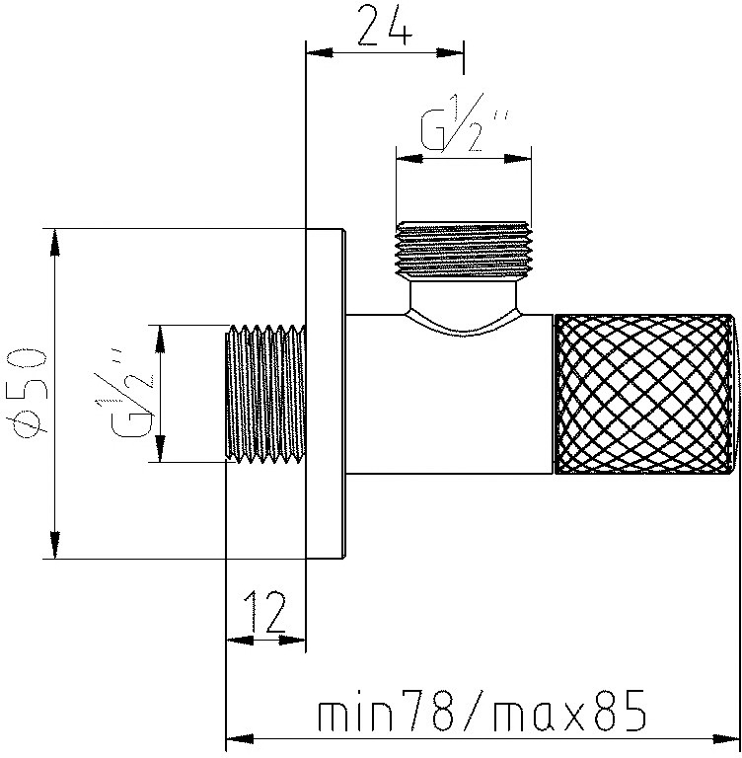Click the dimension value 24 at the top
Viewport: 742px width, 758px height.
tap(385, 24)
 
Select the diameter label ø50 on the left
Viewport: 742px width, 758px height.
tap(32, 394)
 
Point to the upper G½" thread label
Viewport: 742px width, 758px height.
tap(463, 123)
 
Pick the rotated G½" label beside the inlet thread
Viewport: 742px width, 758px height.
tap(131, 392)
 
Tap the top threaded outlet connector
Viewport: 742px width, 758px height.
tap(464, 251)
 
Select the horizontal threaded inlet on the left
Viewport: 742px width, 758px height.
tap(265, 394)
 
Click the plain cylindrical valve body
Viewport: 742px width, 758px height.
tap(450, 394)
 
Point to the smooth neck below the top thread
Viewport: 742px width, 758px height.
tap(463, 307)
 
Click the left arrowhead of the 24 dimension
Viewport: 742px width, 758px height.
tap(320, 52)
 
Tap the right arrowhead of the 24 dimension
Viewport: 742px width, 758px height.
tap(450, 52)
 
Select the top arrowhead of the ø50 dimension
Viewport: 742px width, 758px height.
tap(55, 242)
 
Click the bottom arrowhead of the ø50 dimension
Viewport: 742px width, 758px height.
tap(55, 545)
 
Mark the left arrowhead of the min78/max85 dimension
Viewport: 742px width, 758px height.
tap(240, 739)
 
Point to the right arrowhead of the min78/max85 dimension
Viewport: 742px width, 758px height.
tap(726, 739)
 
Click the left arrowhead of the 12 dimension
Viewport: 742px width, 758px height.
tap(240, 641)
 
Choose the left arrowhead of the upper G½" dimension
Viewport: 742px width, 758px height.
tap(409, 158)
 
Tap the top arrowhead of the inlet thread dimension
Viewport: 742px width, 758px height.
tap(160, 339)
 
